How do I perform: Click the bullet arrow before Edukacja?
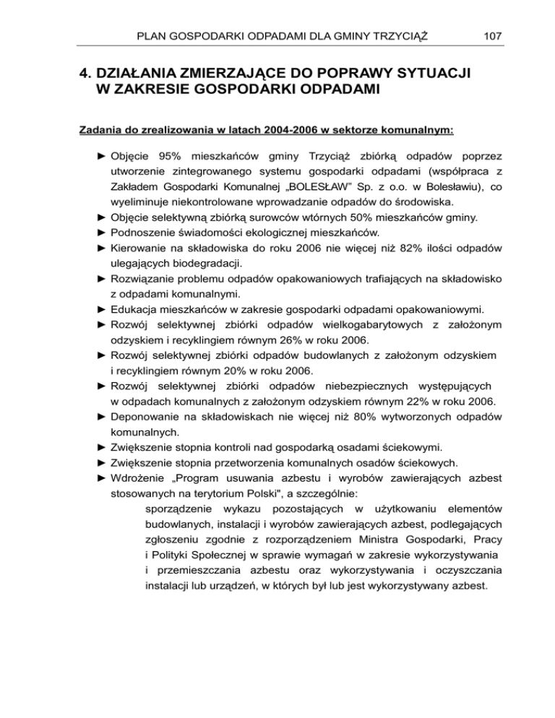pyautogui.click(x=101, y=311)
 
